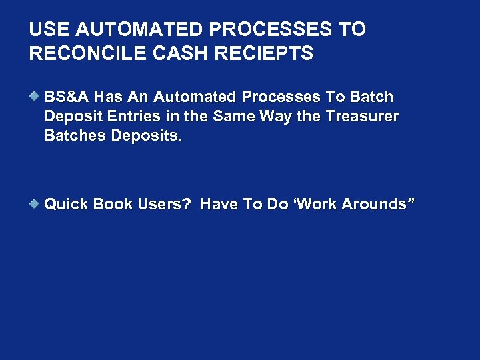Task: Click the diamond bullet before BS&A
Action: (35, 97)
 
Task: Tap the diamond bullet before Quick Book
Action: (35, 203)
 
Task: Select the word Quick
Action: (67, 204)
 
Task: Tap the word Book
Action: (115, 204)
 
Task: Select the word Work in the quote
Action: (319, 204)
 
